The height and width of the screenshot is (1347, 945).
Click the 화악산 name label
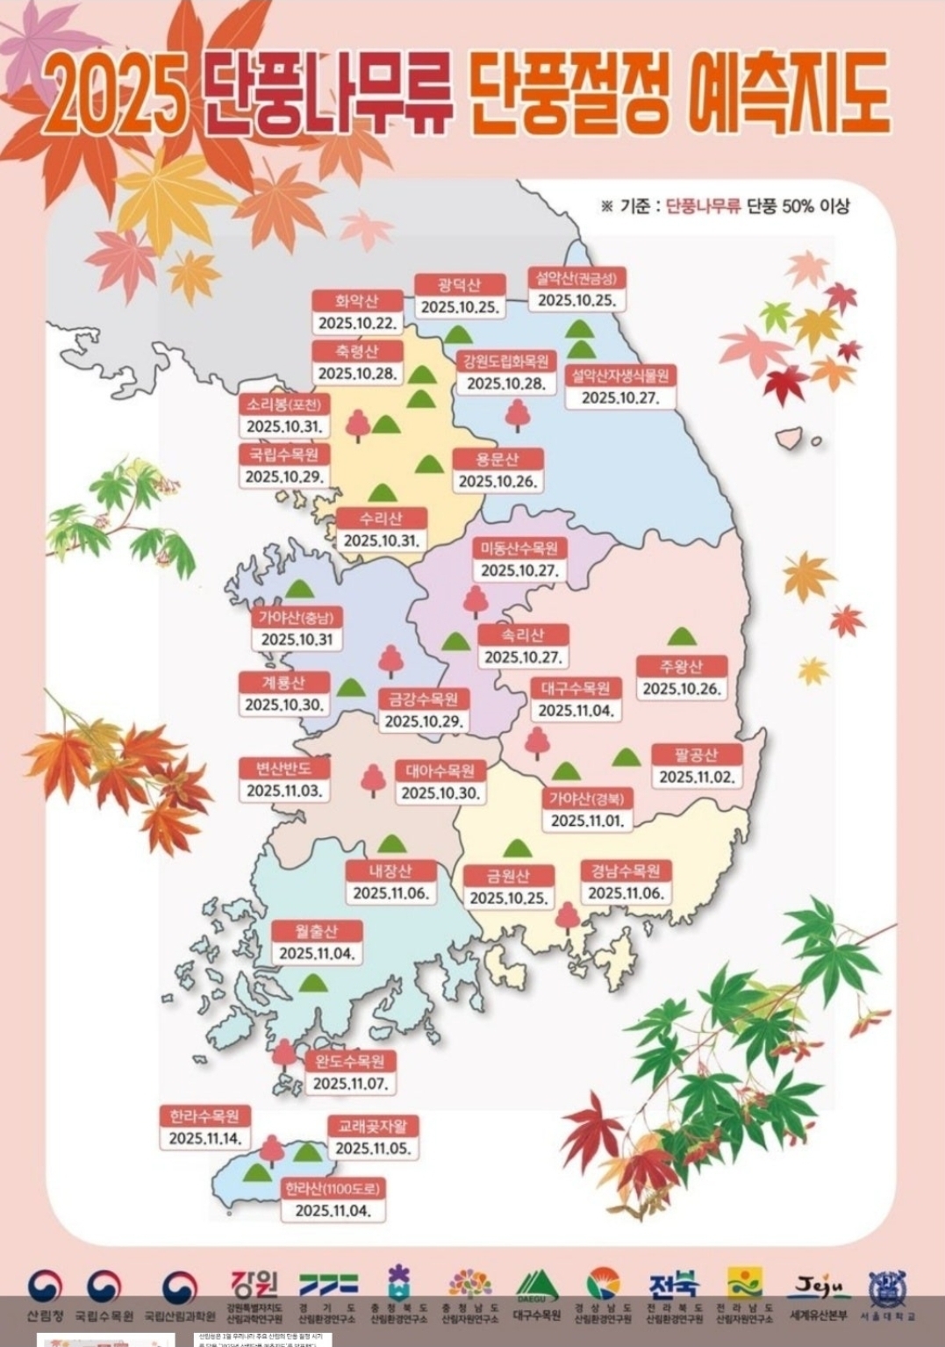(x=357, y=300)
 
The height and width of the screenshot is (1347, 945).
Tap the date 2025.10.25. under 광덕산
(x=460, y=307)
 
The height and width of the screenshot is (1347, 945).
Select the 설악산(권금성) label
(x=577, y=278)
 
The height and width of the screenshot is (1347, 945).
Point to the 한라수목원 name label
(x=204, y=1116)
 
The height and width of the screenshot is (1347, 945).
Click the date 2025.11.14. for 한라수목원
(x=204, y=1138)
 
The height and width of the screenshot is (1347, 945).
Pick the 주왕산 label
(x=683, y=666)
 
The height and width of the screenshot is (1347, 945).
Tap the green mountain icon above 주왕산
(x=683, y=636)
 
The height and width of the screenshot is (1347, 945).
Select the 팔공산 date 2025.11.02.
(x=697, y=777)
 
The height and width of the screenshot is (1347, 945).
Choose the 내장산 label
(x=390, y=871)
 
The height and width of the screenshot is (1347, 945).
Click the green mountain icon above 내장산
(x=391, y=844)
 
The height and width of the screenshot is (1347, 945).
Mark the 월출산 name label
(x=316, y=931)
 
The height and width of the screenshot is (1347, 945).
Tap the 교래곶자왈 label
(x=373, y=1126)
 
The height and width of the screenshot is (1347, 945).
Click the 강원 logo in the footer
(x=254, y=1286)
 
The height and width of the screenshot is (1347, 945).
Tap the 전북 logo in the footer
(x=674, y=1286)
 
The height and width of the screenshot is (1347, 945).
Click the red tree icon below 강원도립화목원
(x=518, y=414)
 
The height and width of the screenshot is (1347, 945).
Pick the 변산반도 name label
(x=284, y=768)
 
